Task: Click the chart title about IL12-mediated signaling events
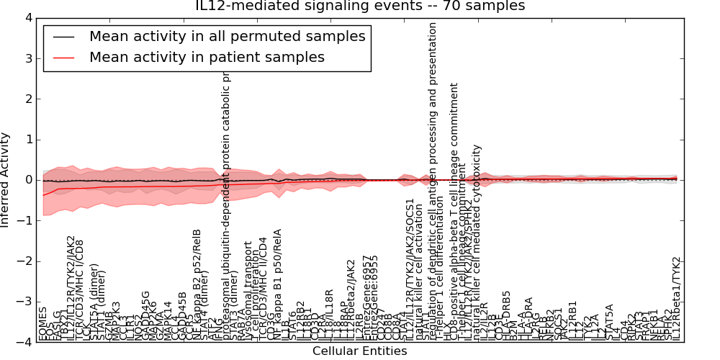coord(360,6)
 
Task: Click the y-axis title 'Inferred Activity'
coord(6,179)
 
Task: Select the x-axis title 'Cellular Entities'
coord(359,351)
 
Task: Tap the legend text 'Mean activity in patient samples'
coord(207,57)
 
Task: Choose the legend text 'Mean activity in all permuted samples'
coord(227,36)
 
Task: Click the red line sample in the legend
coord(63,57)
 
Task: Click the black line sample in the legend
coord(63,36)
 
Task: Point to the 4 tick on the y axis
coord(28,17)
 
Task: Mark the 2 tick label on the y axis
coord(28,99)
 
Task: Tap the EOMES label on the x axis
coord(42,323)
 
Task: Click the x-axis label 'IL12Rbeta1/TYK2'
coord(676,298)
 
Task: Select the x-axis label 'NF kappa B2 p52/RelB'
coord(197,284)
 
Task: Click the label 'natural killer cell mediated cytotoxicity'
coord(477,242)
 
